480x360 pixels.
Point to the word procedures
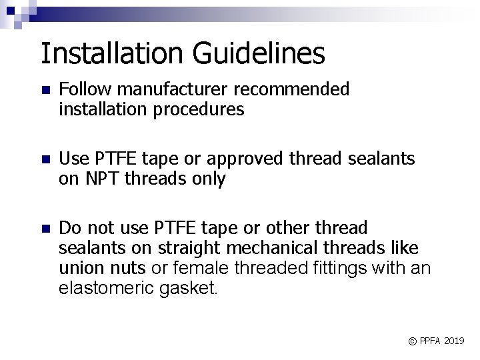click(x=200, y=109)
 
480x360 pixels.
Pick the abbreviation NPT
click(x=102, y=179)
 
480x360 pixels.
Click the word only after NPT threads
click(x=207, y=179)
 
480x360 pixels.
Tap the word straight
click(x=187, y=249)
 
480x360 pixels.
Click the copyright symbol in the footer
click(x=412, y=341)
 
